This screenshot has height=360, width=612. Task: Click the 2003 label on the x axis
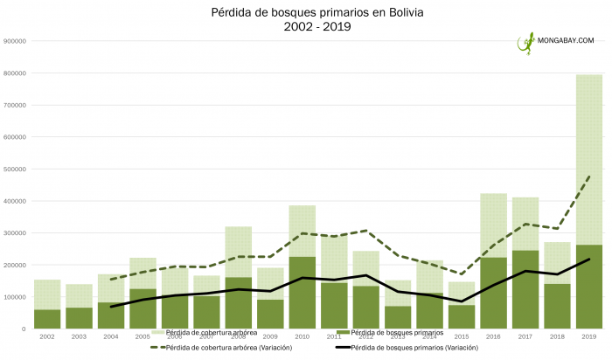tap(80, 336)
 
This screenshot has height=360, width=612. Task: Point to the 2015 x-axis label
tap(462, 336)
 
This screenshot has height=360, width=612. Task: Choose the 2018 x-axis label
tap(557, 336)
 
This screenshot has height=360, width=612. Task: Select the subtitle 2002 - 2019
tap(305, 28)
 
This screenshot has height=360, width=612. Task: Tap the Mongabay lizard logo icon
tap(526, 43)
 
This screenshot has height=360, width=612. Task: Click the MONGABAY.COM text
tap(567, 40)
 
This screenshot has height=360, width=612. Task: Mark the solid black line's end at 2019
tap(588, 260)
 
